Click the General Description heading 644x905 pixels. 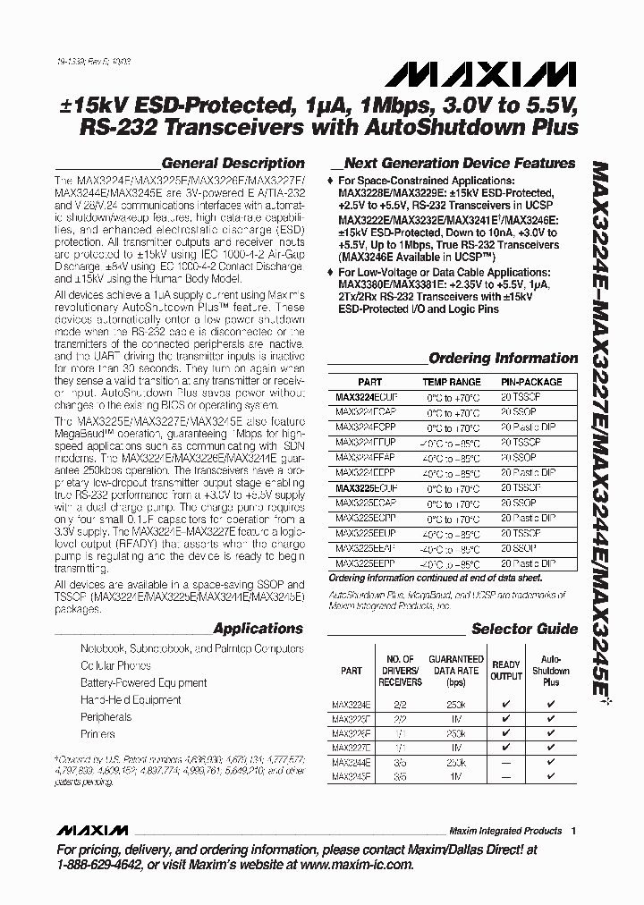click(x=233, y=164)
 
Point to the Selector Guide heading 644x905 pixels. click(x=524, y=629)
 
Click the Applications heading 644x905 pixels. click(x=258, y=629)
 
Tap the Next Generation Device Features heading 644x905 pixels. click(x=459, y=164)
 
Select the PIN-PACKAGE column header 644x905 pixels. click(x=530, y=382)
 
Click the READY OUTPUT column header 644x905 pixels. click(x=506, y=670)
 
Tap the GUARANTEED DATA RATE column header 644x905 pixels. click(x=456, y=670)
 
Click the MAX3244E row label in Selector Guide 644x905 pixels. click(x=351, y=763)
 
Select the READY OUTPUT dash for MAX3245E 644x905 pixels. click(x=506, y=778)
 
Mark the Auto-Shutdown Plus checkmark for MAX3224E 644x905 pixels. click(x=551, y=704)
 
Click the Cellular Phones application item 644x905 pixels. click(x=115, y=665)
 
